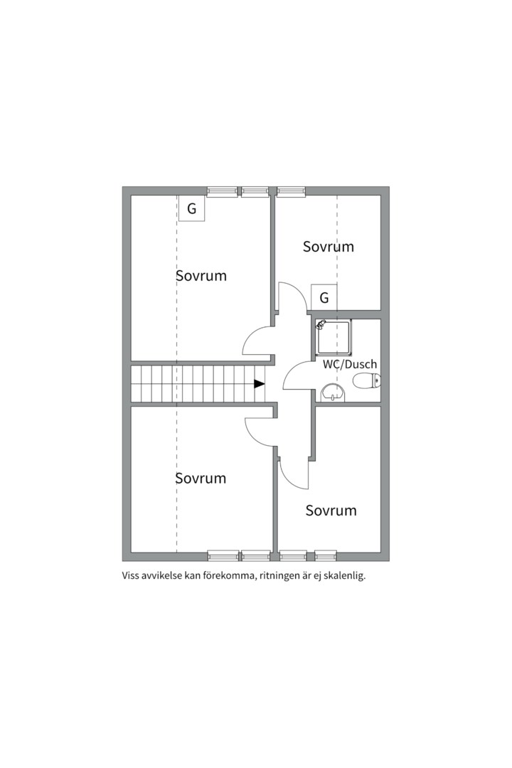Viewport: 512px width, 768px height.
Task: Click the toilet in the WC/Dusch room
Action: click(366, 380)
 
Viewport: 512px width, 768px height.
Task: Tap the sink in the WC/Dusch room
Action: click(334, 393)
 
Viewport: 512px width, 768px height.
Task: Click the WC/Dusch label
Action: click(350, 364)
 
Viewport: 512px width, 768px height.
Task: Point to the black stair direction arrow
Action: click(259, 383)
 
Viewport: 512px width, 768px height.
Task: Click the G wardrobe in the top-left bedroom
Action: click(191, 208)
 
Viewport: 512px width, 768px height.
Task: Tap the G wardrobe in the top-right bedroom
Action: click(324, 297)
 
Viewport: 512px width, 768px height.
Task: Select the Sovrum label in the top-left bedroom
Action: click(201, 275)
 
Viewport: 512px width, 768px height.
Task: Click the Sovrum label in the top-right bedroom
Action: click(329, 246)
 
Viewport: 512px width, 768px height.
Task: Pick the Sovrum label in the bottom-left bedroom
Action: click(201, 478)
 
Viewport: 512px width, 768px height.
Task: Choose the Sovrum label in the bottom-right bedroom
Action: click(331, 511)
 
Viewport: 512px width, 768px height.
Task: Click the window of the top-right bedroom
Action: click(291, 191)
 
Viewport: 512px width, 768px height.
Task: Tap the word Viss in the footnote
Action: click(130, 576)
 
